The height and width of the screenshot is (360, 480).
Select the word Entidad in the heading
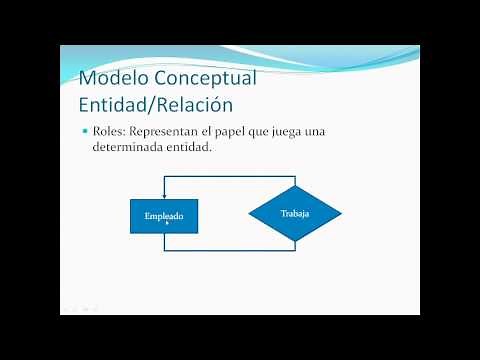click(x=111, y=103)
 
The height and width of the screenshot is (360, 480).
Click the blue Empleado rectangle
click(x=164, y=215)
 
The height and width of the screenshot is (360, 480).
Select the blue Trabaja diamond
click(x=295, y=215)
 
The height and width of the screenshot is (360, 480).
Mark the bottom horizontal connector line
click(x=230, y=250)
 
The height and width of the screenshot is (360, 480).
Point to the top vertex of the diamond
click(x=295, y=185)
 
